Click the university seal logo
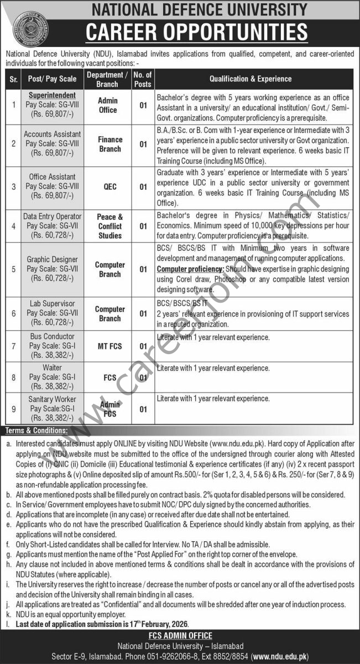[x=30, y=28]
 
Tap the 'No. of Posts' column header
[x=143, y=79]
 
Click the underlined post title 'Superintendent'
[x=53, y=95]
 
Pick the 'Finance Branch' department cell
[x=109, y=144]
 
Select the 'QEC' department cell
[x=109, y=186]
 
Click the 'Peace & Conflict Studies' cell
[x=109, y=226]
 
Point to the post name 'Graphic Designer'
[x=53, y=258]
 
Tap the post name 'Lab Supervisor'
[x=53, y=304]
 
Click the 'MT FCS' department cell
[x=109, y=346]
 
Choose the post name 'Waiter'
[x=53, y=367]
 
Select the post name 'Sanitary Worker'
[x=53, y=399]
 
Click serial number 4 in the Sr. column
[x=13, y=226]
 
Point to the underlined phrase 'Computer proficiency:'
[x=190, y=268]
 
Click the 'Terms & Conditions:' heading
[x=36, y=430]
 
